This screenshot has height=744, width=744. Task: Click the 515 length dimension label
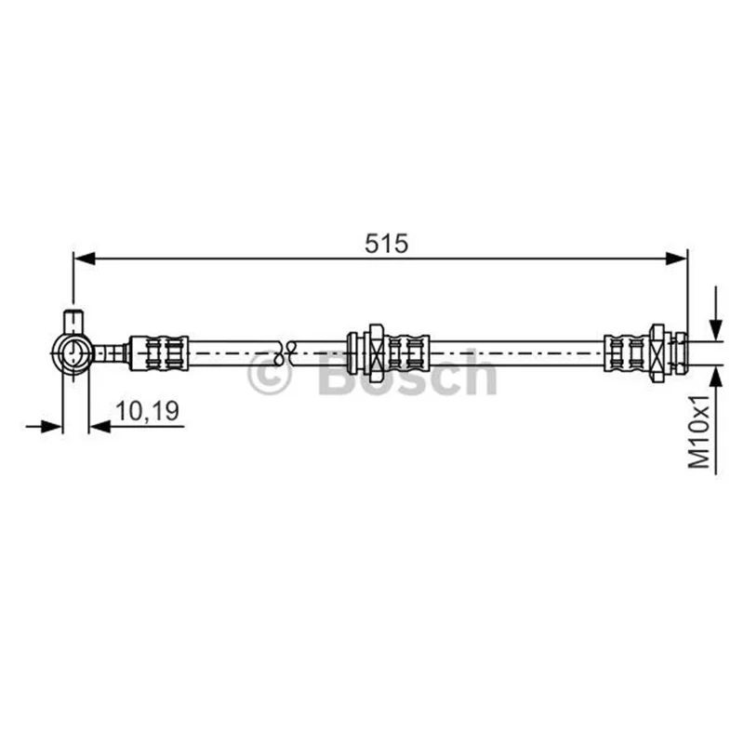click(386, 244)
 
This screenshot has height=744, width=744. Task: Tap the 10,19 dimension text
click(147, 410)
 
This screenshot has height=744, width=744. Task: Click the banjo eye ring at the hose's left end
click(73, 352)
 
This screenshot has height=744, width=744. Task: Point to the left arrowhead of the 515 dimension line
click(86, 259)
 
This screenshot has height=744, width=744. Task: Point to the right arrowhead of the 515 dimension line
click(675, 259)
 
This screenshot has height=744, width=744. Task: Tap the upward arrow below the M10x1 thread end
click(715, 420)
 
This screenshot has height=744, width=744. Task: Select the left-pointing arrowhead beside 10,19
click(100, 427)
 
